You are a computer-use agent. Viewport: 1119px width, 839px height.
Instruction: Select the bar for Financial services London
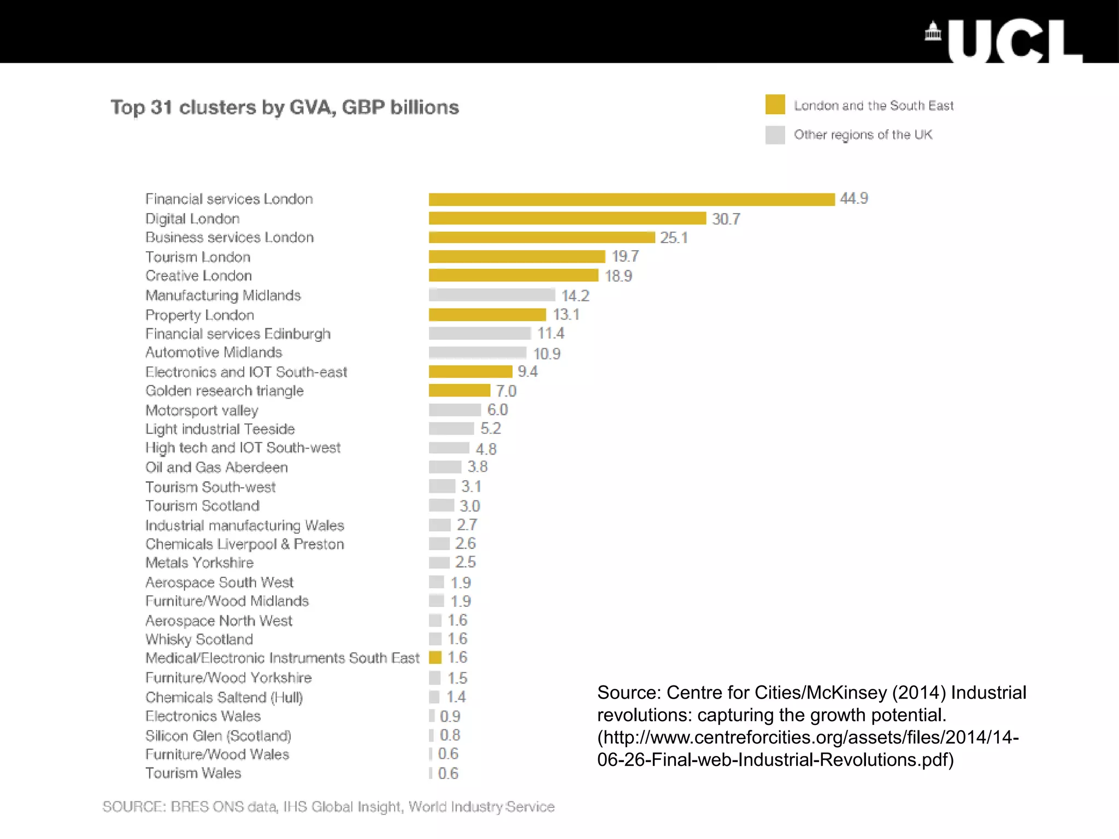(631, 199)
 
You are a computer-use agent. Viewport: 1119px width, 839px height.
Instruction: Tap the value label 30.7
(726, 219)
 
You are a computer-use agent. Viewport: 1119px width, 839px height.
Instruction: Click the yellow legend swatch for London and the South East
(775, 104)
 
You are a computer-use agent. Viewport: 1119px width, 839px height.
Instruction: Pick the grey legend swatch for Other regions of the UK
(775, 134)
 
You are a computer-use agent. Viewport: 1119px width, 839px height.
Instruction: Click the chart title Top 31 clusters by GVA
(285, 107)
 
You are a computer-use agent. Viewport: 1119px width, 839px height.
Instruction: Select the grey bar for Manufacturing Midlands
(492, 295)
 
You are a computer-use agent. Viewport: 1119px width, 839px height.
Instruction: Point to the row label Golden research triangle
(224, 391)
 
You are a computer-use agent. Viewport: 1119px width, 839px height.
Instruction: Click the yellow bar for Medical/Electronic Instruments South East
(435, 658)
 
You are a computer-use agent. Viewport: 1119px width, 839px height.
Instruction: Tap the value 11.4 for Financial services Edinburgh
(550, 333)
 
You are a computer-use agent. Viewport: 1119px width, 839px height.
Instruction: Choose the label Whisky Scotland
(199, 639)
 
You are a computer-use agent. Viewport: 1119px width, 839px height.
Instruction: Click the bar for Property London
(487, 315)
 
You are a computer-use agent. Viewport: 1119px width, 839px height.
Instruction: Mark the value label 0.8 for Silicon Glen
(450, 735)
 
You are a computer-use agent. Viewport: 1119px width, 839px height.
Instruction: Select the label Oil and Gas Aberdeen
(216, 468)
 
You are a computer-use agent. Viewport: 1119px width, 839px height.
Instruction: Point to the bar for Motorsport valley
(455, 410)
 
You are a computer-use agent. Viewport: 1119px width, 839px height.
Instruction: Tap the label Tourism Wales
(193, 773)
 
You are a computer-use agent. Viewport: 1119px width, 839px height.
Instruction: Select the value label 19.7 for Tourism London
(625, 256)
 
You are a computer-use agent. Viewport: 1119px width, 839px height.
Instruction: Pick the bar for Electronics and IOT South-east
(470, 372)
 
